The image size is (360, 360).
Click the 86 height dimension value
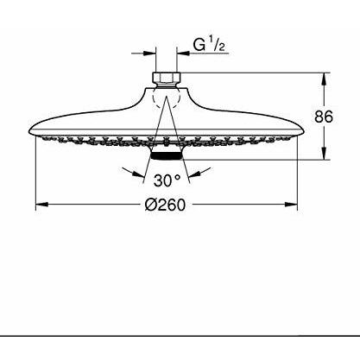coord(324,117)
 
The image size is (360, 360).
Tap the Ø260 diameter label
coord(166,205)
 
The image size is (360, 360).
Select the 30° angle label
coord(167,180)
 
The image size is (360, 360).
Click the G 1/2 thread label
coord(209,45)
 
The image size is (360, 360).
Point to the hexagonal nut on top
coord(167,78)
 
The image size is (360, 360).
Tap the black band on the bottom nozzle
coord(167,156)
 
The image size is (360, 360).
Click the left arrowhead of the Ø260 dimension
coord(41,205)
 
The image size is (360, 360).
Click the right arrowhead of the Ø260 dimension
coord(291,205)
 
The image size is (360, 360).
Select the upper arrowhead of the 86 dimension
coord(324,79)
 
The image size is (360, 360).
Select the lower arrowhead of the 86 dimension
coord(324,154)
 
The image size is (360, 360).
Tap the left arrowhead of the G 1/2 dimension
coord(149,54)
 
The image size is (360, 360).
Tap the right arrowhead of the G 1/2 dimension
coord(183,54)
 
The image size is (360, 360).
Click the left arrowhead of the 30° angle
coord(139,174)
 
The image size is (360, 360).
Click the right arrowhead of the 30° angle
coord(194,174)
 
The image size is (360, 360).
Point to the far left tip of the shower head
coord(29,131)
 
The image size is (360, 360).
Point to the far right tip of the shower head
coord(304,131)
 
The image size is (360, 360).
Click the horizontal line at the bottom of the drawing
coord(180,336)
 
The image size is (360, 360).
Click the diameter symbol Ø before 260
coord(150,205)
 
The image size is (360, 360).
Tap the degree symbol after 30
coord(178,177)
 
